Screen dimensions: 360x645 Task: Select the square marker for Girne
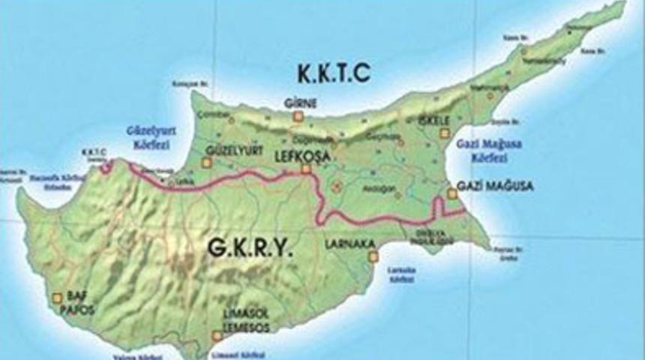[298, 116]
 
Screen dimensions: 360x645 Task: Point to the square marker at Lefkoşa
[306, 170]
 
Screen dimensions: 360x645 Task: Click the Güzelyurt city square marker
[208, 162]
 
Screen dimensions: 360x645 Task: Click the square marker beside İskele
[444, 133]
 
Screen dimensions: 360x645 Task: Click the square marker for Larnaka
[373, 256]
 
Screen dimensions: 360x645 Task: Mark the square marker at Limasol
[217, 335]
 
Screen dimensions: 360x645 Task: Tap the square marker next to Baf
[57, 298]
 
